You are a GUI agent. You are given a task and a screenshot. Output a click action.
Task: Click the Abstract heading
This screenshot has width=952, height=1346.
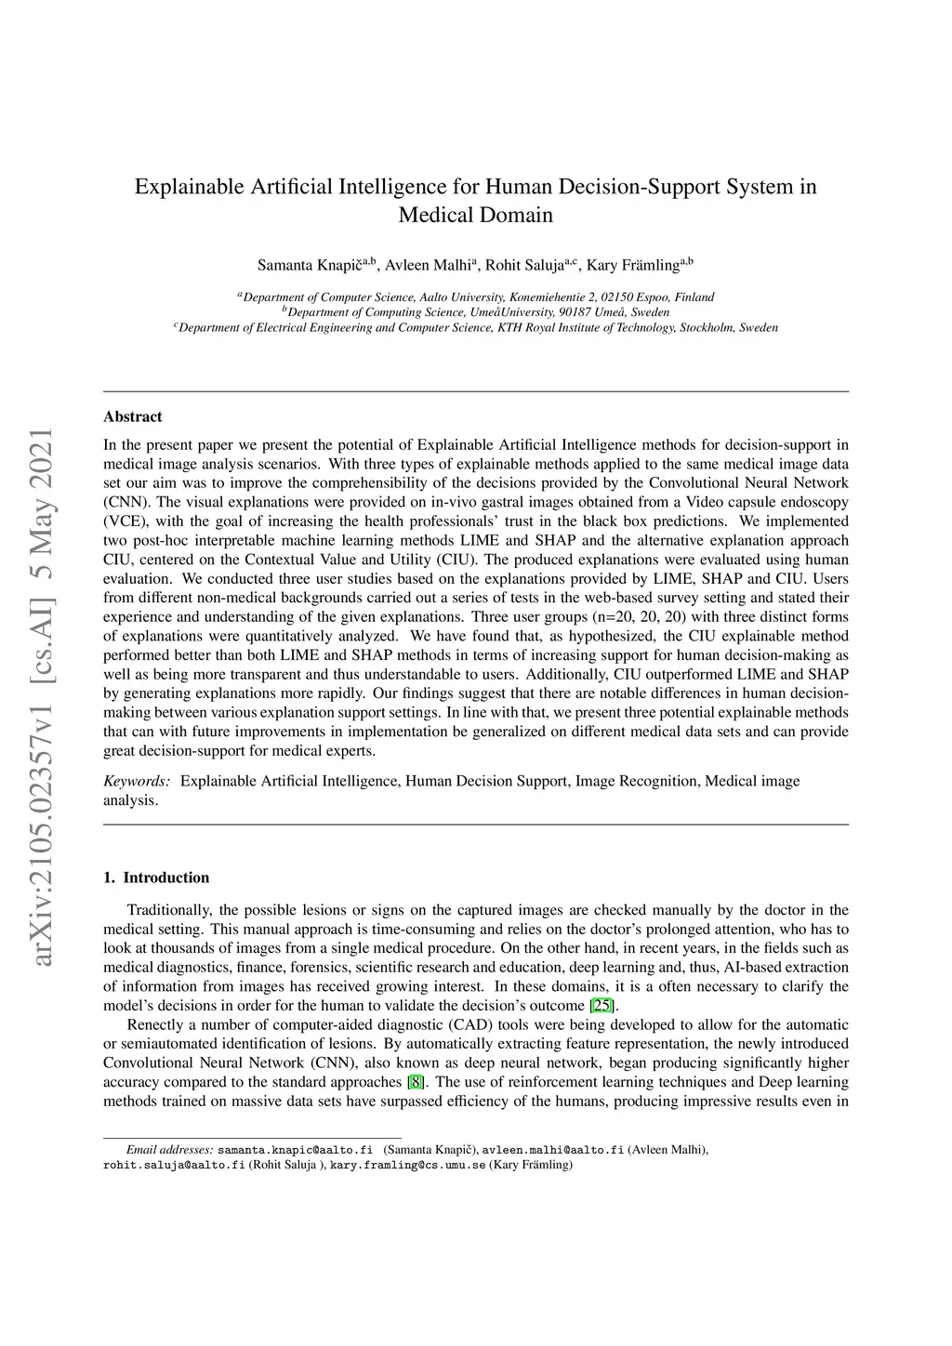tap(133, 416)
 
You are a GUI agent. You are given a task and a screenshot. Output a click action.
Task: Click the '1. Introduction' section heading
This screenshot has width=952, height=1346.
tap(156, 878)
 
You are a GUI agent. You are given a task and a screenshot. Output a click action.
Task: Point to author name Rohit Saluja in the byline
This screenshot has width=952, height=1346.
tap(525, 265)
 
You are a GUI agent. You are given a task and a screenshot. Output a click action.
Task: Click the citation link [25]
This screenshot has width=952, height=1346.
tap(603, 1005)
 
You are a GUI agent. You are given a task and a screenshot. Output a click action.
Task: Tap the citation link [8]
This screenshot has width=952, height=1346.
tap(416, 1082)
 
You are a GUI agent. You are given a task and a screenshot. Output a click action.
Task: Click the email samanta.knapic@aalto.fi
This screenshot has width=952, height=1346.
tap(295, 1150)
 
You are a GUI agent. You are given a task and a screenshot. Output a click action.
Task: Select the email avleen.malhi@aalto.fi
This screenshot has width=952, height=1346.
tap(552, 1150)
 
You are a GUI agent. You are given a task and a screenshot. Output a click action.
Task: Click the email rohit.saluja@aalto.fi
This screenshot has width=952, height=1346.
tap(174, 1165)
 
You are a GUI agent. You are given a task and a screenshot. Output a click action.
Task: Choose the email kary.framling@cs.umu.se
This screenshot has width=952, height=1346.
tap(407, 1165)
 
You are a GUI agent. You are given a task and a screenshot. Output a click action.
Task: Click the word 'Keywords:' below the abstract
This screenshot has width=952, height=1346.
tap(137, 781)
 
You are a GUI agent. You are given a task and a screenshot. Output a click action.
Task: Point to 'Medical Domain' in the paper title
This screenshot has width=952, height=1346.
tap(475, 216)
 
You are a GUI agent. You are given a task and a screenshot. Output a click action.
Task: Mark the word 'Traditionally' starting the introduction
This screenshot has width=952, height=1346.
tap(168, 910)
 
